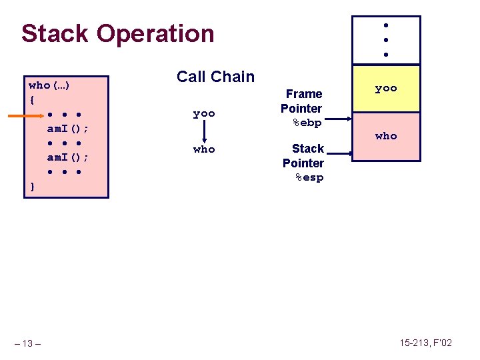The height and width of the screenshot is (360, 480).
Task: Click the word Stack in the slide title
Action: coord(53,33)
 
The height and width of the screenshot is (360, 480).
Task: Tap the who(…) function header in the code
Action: coord(51,85)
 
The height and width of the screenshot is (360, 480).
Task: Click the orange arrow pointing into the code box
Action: coord(25,115)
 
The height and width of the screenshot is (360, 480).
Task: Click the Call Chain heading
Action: coord(215,77)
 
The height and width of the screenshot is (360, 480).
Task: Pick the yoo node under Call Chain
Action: coord(204,114)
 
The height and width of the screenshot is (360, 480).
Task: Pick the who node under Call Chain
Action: coord(204,149)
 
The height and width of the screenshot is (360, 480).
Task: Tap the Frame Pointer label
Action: coord(302,101)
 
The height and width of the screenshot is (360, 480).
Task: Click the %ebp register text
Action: coord(307,123)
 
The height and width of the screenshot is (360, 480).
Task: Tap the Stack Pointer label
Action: coord(304,156)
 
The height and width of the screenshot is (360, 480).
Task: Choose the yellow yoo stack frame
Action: coord(385,89)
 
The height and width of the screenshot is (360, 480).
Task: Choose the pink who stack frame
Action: coord(385,136)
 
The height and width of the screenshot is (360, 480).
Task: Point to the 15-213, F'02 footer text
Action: coord(425,343)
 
